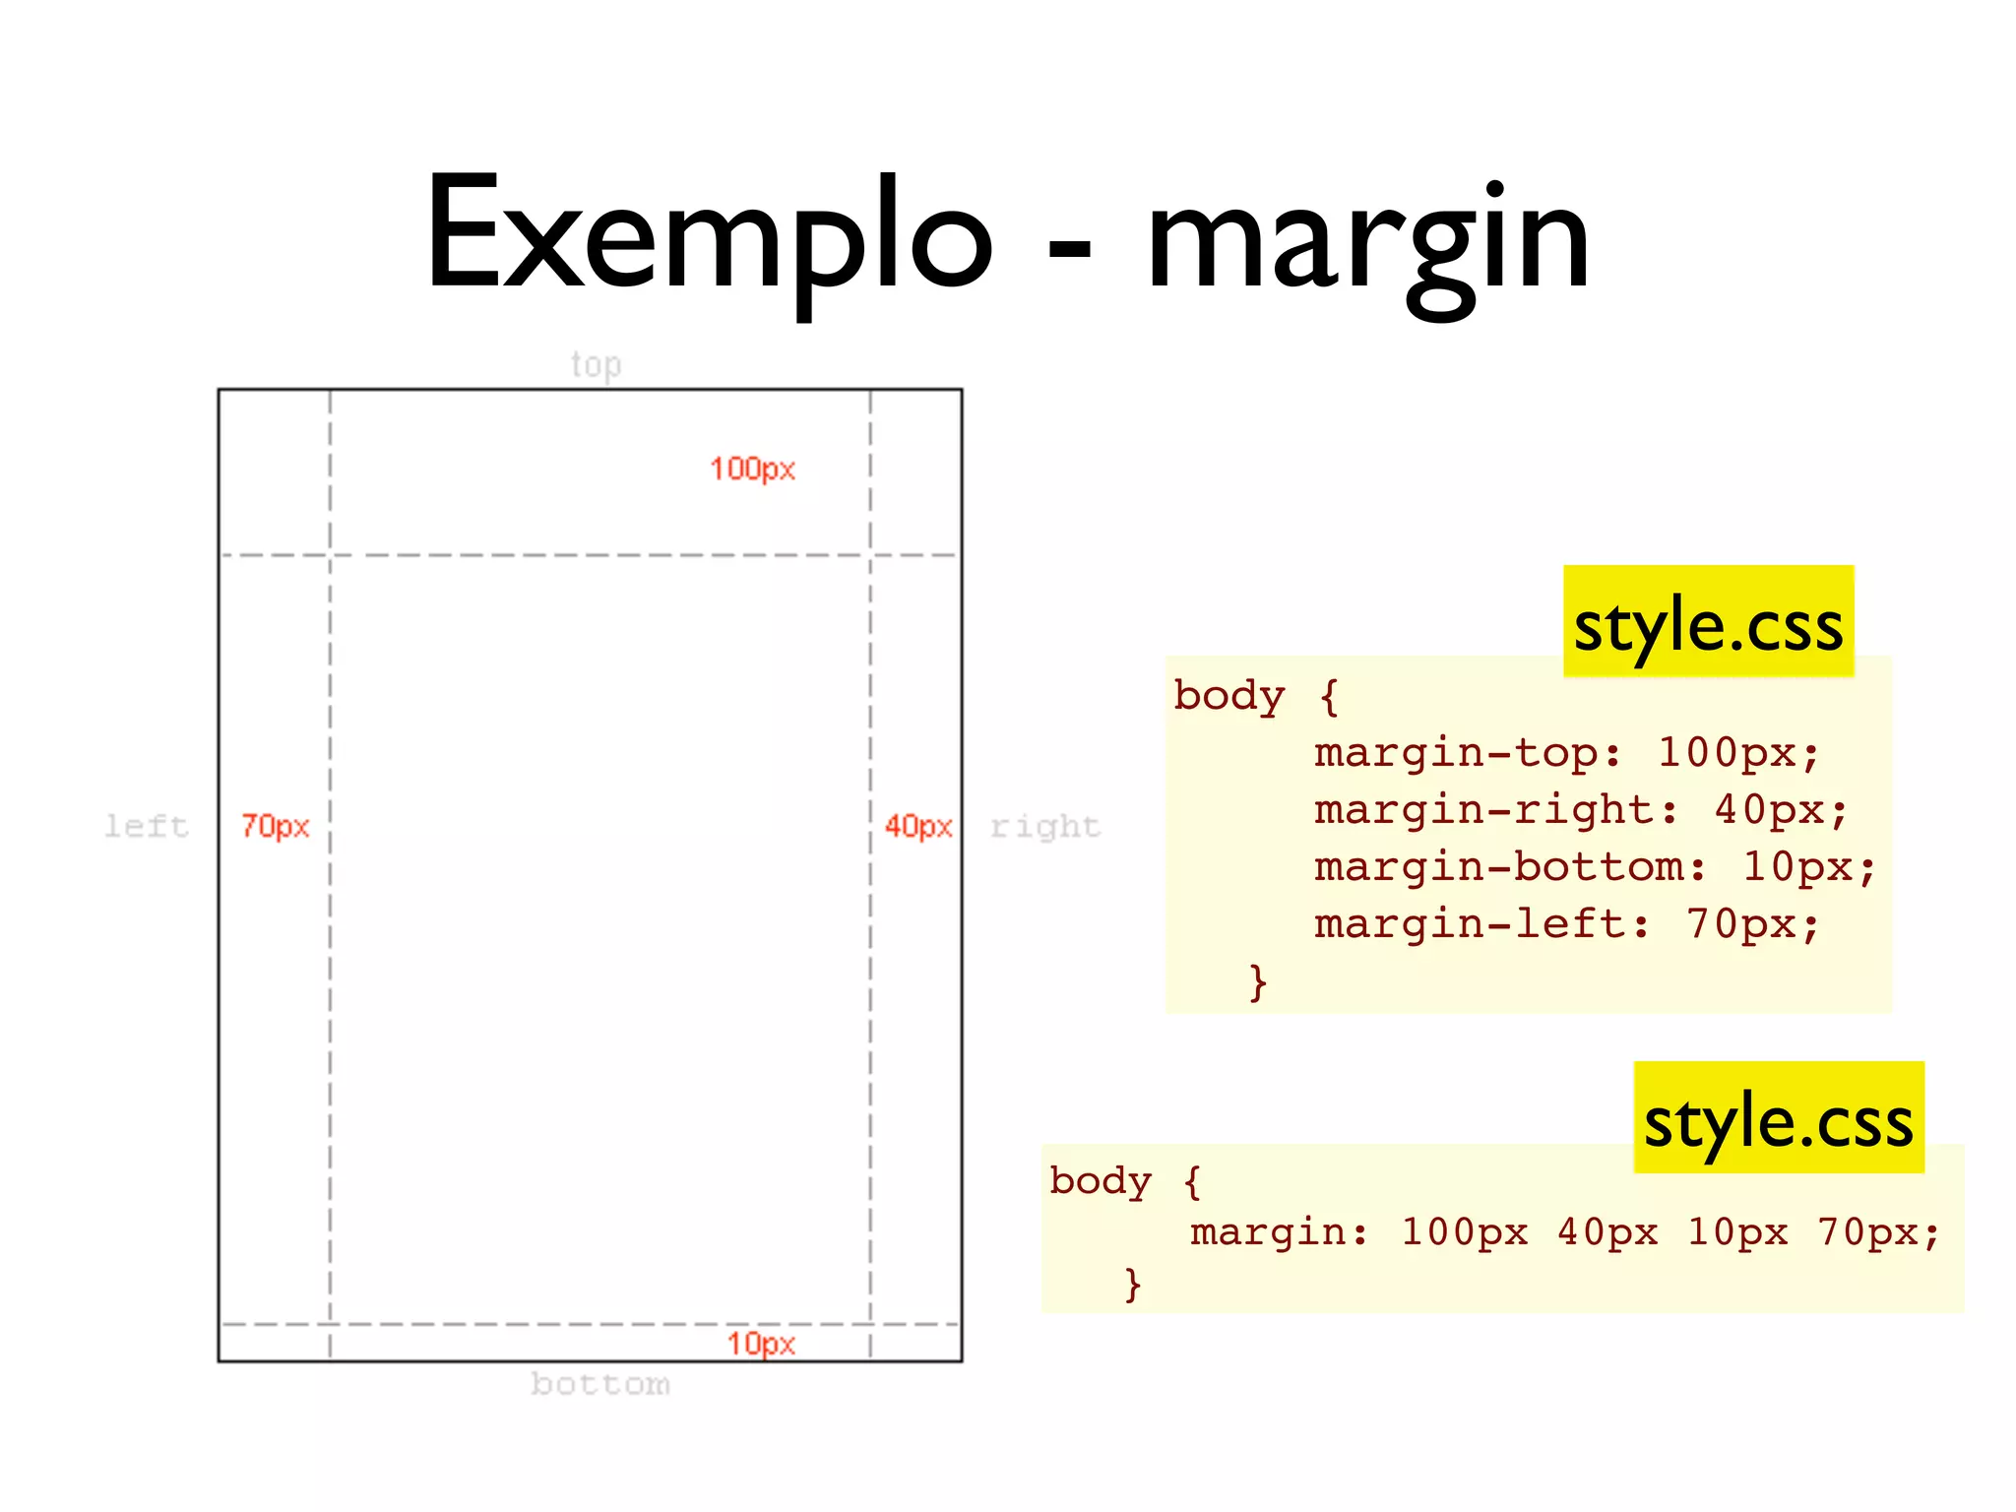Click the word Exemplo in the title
tap(709, 236)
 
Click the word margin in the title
tap(1368, 241)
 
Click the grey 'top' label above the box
tap(596, 365)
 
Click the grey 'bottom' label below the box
tap(600, 1384)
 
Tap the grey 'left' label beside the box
tap(147, 826)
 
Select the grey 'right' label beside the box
tap(1045, 826)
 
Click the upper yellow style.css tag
tap(1708, 623)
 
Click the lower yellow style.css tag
tap(1778, 1119)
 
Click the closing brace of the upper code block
tap(1257, 981)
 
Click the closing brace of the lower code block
tap(1133, 1285)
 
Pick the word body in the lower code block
tap(1100, 1180)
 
